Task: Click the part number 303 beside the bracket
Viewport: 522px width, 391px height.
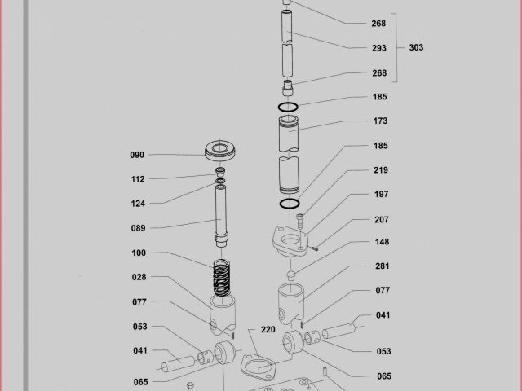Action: (x=415, y=47)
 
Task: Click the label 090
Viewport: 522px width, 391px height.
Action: (x=137, y=155)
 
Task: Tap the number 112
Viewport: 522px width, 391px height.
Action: (x=137, y=179)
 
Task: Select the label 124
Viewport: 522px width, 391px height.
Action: (x=138, y=204)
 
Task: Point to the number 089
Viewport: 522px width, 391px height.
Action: (x=139, y=228)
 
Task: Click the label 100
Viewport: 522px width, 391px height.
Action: (x=139, y=253)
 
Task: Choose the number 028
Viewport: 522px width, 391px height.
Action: (x=139, y=278)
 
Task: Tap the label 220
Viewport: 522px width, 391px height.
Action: (x=268, y=330)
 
